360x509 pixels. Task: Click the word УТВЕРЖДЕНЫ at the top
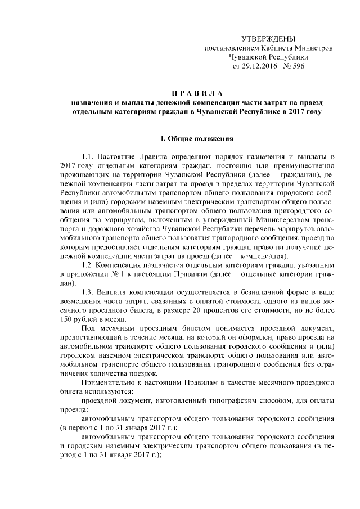tap(268, 39)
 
